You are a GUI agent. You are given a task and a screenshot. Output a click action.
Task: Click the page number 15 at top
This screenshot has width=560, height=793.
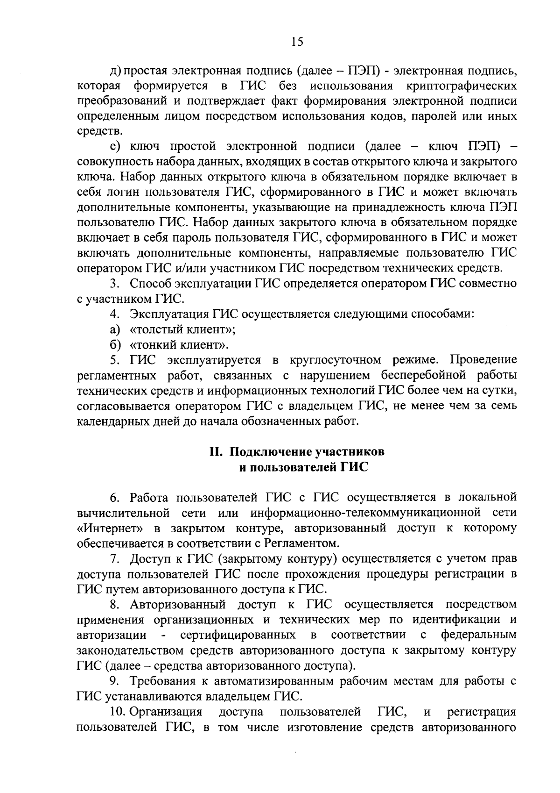[297, 42]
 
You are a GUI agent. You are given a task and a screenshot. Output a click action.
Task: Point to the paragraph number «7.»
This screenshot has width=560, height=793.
[115, 559]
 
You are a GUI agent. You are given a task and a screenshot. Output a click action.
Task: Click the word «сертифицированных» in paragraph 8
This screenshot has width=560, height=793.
[238, 635]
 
